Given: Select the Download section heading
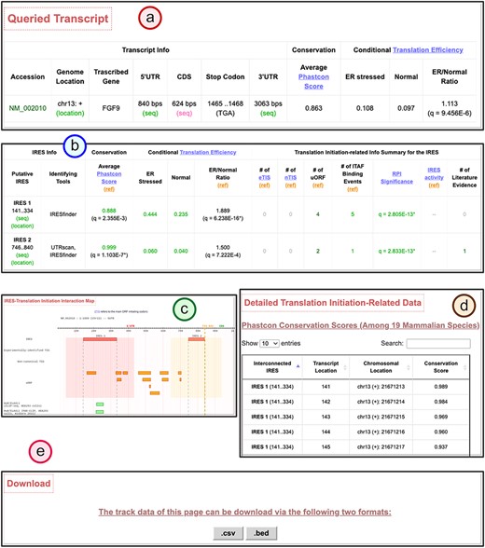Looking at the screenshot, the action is coord(29,485).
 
